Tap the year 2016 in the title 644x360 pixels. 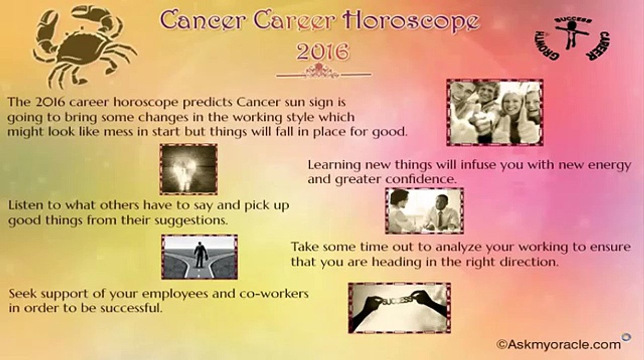click(x=323, y=51)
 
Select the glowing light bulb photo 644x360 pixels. click(x=189, y=169)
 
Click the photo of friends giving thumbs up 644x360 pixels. click(x=495, y=112)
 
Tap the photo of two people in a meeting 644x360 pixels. click(x=424, y=210)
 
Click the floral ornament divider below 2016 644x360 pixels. click(x=323, y=72)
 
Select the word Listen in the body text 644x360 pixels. click(x=26, y=205)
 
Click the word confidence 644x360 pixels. click(x=421, y=179)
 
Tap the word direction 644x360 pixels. click(x=528, y=261)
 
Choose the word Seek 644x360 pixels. click(x=23, y=293)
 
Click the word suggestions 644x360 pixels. click(x=191, y=220)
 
